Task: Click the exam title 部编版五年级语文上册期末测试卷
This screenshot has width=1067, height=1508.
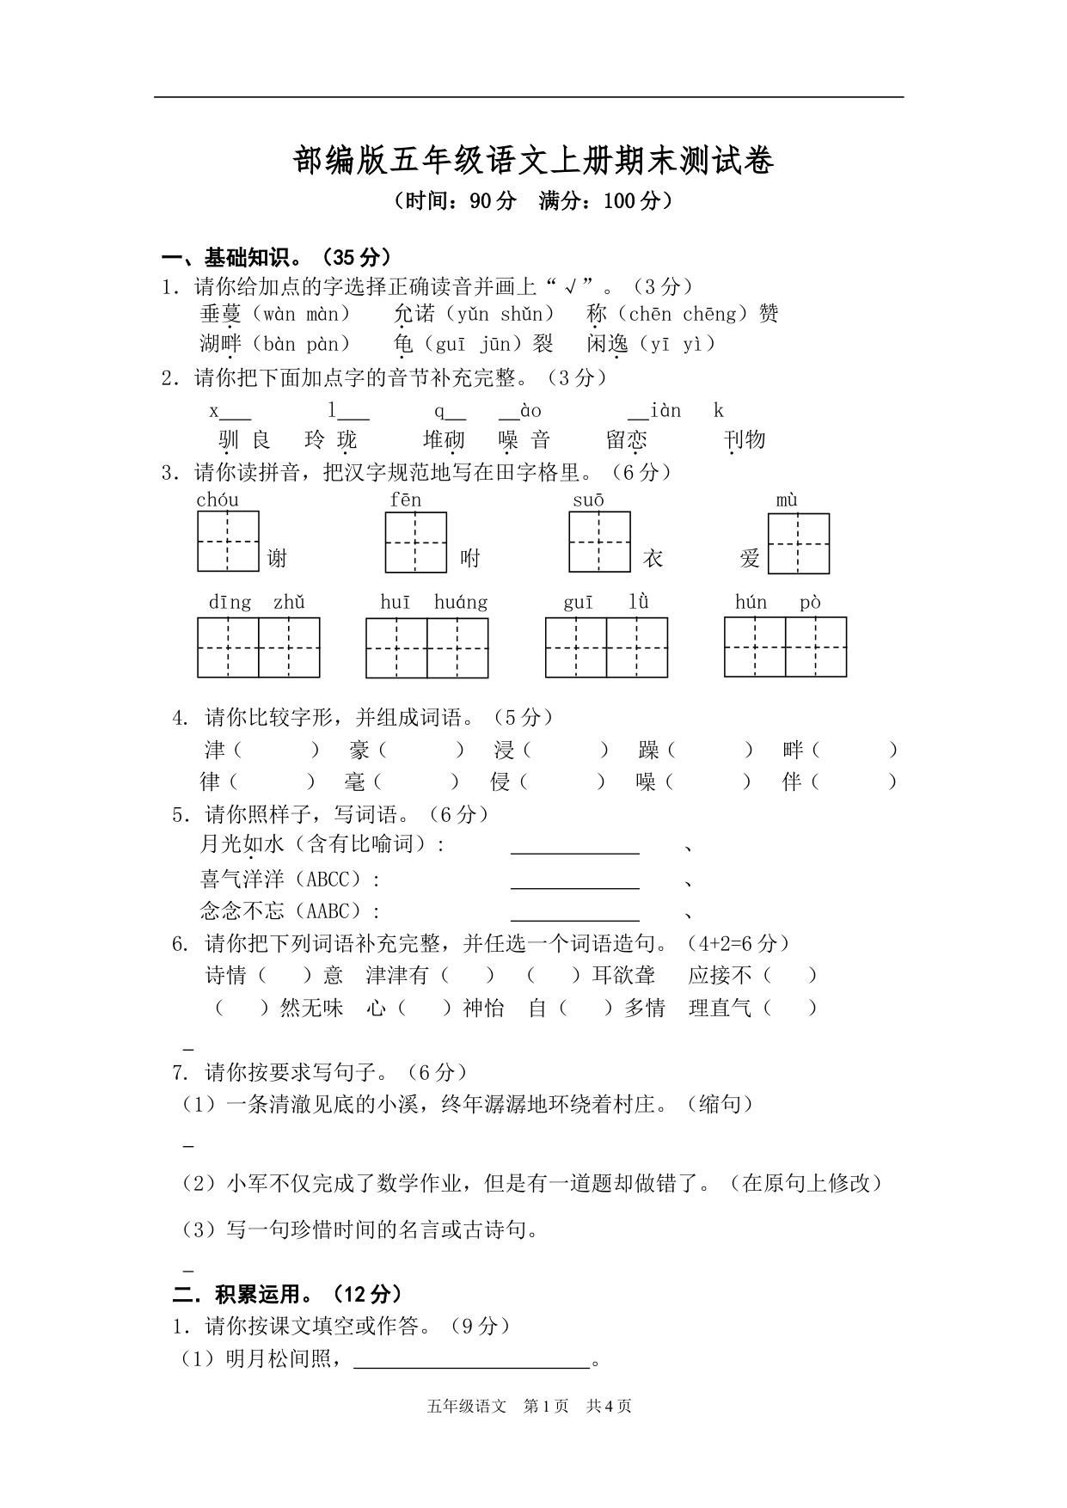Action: click(x=533, y=162)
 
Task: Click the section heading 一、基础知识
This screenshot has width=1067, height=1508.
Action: click(x=276, y=256)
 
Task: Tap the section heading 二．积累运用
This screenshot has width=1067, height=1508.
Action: click(x=287, y=1293)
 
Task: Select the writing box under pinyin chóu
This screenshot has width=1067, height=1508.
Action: click(x=228, y=542)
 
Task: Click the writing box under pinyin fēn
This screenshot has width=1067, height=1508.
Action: click(x=416, y=543)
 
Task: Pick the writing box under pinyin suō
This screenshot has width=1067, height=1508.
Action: click(x=599, y=542)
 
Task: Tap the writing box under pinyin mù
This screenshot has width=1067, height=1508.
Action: click(x=799, y=543)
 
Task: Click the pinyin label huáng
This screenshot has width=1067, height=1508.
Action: click(x=461, y=602)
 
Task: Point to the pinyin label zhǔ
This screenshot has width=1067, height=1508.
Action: click(x=289, y=602)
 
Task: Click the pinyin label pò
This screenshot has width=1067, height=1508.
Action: click(x=810, y=602)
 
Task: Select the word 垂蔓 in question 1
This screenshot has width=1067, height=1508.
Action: click(x=221, y=314)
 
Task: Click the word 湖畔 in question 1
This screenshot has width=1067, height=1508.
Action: click(x=221, y=344)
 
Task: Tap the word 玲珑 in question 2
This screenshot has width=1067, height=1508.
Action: click(x=330, y=440)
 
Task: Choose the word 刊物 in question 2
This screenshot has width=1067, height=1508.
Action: click(x=745, y=440)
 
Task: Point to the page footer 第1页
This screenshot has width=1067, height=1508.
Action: click(x=546, y=1406)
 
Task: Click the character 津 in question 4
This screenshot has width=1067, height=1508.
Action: click(x=215, y=750)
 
